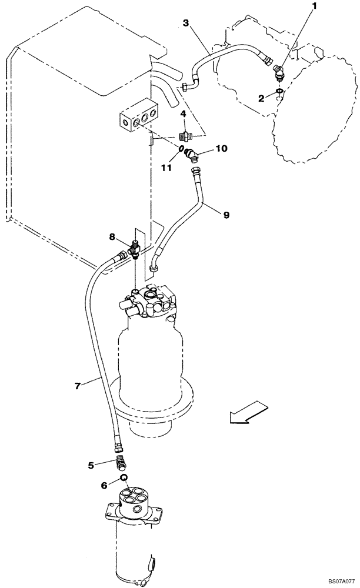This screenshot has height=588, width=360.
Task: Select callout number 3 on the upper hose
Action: click(185, 24)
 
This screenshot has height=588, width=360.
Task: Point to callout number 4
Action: click(184, 113)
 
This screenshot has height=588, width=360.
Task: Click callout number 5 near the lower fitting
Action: click(91, 465)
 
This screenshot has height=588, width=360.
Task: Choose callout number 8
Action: click(112, 237)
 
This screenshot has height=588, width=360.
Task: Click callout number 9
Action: click(226, 215)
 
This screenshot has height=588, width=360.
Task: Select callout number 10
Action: click(221, 149)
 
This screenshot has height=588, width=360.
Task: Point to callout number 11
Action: click(167, 168)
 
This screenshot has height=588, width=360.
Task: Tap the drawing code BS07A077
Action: click(336, 581)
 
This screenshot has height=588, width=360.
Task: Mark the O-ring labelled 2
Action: click(279, 91)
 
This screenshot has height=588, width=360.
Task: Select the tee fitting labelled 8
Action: click(135, 248)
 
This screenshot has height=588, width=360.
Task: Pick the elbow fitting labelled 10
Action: click(192, 156)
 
